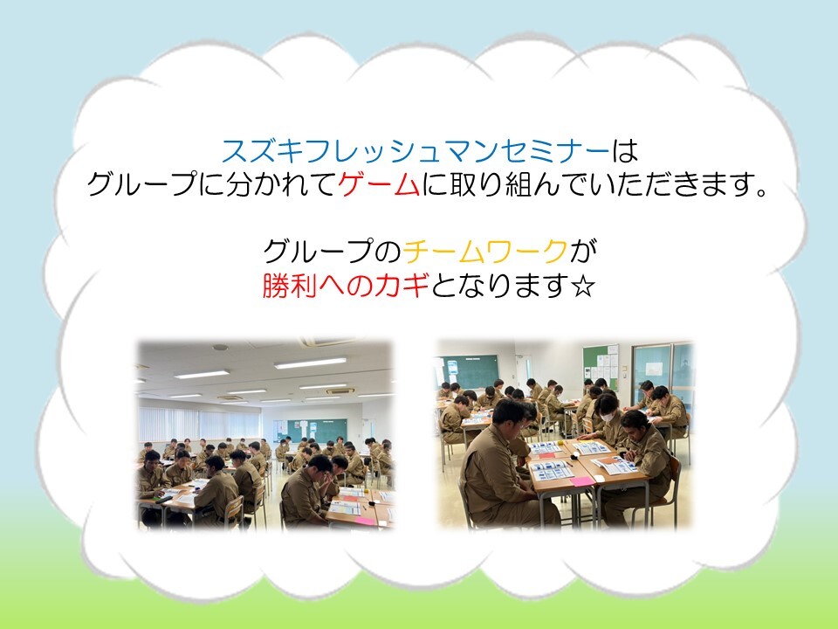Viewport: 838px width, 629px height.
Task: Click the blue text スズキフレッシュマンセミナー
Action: (416, 150)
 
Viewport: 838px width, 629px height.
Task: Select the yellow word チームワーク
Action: (485, 251)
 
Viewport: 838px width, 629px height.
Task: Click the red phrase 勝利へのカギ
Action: (346, 285)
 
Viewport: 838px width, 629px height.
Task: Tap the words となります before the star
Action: (499, 285)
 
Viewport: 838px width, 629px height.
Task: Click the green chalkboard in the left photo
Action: (317, 431)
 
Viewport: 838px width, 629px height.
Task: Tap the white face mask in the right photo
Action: (608, 416)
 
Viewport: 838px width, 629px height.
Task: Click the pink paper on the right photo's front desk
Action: (581, 481)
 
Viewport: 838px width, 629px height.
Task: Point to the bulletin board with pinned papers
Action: (601, 366)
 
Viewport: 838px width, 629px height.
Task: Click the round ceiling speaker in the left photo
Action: (220, 347)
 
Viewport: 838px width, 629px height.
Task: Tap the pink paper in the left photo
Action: (365, 520)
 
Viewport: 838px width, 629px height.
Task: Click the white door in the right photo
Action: (526, 370)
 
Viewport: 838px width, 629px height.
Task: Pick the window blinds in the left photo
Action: (199, 425)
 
